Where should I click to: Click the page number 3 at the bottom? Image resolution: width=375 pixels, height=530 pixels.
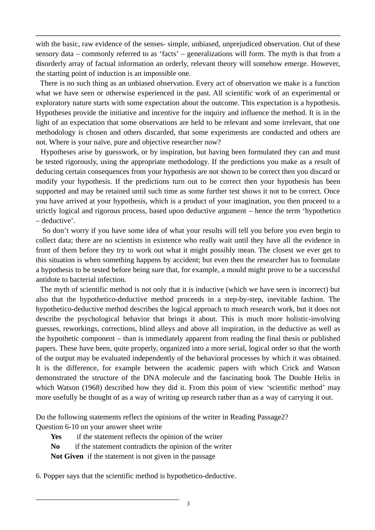pyautogui.click(x=188, y=504)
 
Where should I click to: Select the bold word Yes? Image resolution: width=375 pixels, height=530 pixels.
pyautogui.click(x=56, y=437)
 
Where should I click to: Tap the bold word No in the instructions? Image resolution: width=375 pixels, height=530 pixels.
pyautogui.click(x=55, y=446)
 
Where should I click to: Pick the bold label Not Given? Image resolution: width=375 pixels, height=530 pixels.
pyautogui.click(x=67, y=456)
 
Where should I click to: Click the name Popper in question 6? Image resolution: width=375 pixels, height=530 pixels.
pyautogui.click(x=54, y=476)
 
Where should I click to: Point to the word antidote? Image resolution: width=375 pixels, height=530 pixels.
pyautogui.click(x=48, y=280)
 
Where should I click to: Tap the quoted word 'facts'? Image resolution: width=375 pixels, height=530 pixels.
pyautogui.click(x=170, y=54)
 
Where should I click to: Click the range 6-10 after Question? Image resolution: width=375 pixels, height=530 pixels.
pyautogui.click(x=71, y=427)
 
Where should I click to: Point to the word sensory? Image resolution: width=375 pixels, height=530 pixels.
pyautogui.click(x=47, y=54)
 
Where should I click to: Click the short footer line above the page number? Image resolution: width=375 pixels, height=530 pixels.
pyautogui.click(x=107, y=500)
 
